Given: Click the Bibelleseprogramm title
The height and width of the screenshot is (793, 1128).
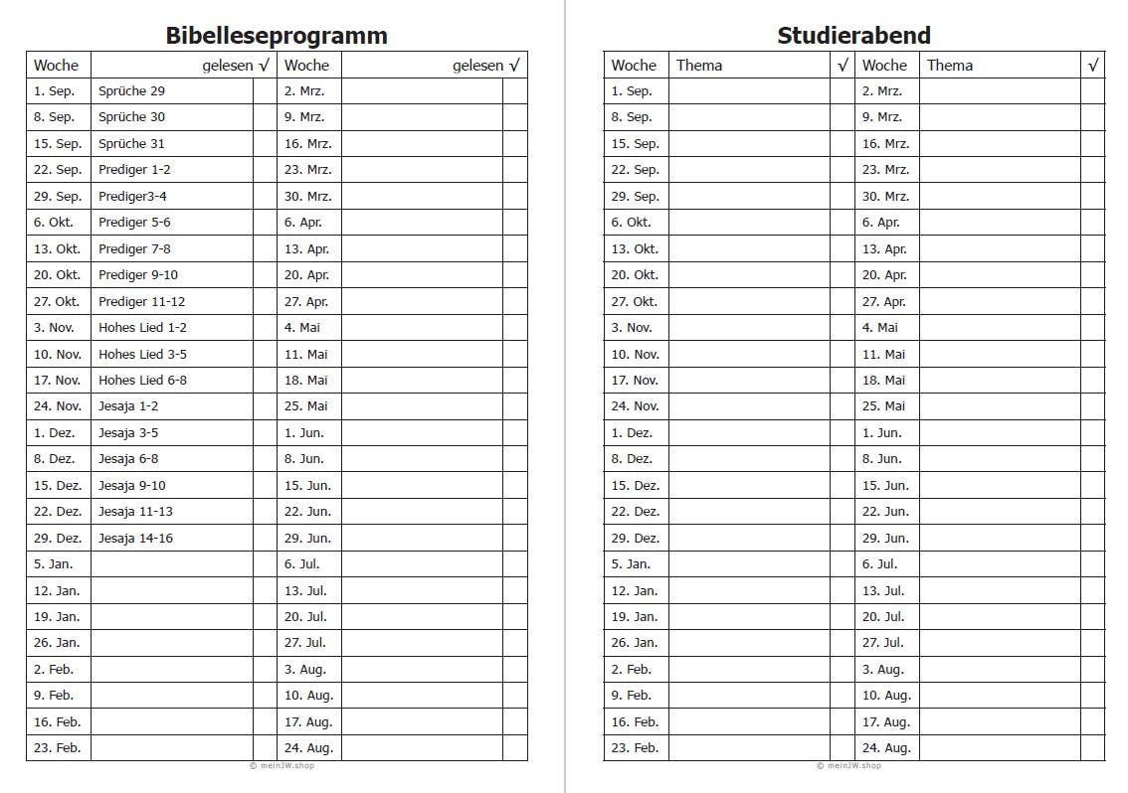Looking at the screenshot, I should (277, 36).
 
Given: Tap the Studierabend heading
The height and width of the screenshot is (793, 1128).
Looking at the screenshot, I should (853, 36).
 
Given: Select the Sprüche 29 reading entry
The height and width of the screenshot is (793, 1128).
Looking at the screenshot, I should (131, 91).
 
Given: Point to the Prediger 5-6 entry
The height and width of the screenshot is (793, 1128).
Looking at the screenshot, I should (134, 223).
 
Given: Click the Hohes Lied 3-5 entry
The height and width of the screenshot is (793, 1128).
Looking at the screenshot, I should (142, 354).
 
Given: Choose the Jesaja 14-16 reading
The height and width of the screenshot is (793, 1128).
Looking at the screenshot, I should (135, 539).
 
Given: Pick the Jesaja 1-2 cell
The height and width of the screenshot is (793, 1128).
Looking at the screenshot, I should (128, 406).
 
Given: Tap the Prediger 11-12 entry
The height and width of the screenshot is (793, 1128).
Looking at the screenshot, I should (141, 301).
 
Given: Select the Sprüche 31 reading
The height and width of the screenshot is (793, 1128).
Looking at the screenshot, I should (131, 144).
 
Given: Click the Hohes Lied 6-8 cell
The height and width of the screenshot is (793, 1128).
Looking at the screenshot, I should (142, 381).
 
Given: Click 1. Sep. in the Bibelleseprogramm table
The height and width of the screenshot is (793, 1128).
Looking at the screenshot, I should (54, 91).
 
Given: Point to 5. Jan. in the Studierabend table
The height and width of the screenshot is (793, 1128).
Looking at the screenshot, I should (630, 564).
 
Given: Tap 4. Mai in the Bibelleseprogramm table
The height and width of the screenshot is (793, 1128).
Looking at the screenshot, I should (302, 328).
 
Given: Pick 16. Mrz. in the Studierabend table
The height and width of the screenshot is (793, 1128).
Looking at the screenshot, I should (885, 144).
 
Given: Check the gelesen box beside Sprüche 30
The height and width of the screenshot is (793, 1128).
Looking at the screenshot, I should (266, 117).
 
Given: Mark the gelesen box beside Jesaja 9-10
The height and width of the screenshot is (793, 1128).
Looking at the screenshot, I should (266, 486).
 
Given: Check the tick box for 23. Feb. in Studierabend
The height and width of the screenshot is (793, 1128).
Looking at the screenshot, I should (843, 748).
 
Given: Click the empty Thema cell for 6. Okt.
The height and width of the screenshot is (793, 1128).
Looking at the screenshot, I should (749, 223).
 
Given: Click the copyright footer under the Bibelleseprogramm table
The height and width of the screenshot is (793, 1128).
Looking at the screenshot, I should (282, 766).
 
